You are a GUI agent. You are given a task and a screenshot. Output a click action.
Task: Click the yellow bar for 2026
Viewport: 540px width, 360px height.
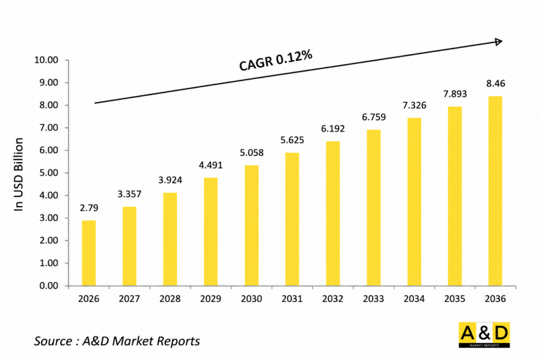pyautogui.click(x=88, y=253)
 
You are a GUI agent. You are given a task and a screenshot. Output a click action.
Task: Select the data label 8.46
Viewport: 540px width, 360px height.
pyautogui.click(x=495, y=84)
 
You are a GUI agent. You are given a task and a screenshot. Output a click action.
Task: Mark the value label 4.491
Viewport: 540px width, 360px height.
pyautogui.click(x=211, y=165)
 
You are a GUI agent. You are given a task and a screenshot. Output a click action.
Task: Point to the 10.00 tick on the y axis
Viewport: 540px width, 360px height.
pyautogui.click(x=46, y=60)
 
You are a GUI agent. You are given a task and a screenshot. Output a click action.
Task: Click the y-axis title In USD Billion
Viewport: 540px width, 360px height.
pyautogui.click(x=18, y=174)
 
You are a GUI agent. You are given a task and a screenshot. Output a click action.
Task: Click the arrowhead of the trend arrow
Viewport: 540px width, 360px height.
pyautogui.click(x=499, y=42)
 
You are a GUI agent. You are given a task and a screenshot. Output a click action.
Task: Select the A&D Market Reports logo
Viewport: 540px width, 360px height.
pyautogui.click(x=484, y=335)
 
